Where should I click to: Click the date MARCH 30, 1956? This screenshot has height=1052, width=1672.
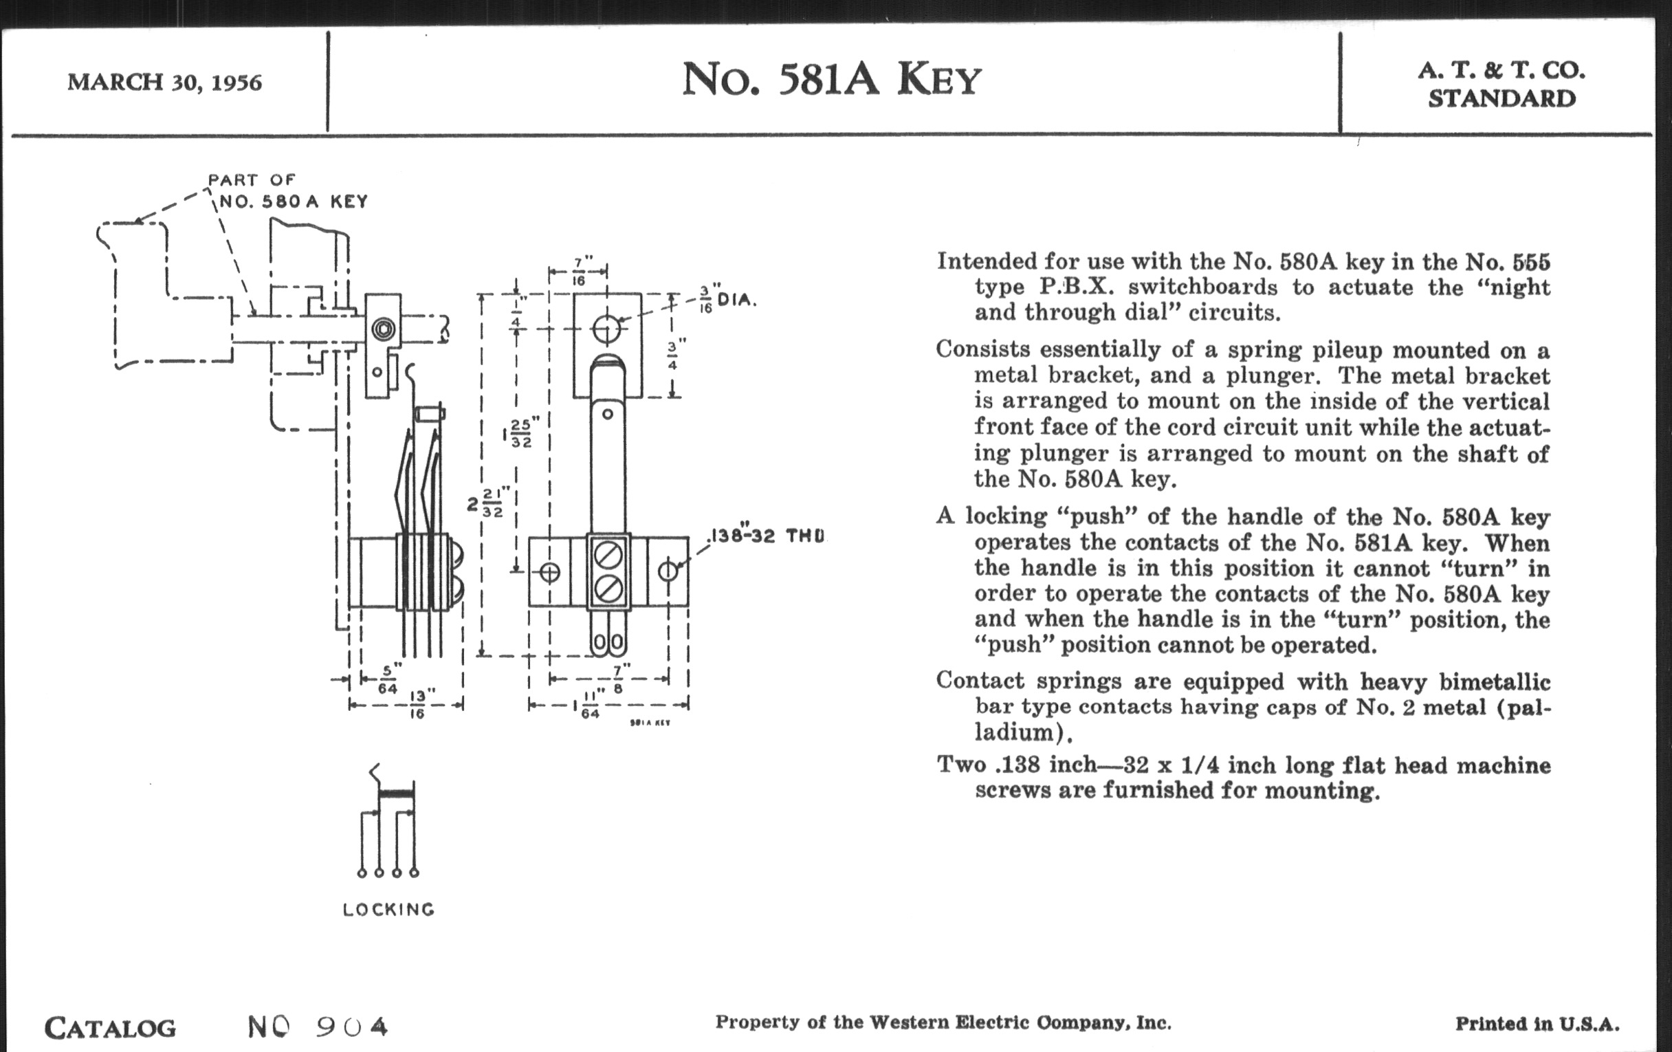pyautogui.click(x=164, y=83)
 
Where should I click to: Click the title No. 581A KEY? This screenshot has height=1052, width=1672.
pyautogui.click(x=831, y=80)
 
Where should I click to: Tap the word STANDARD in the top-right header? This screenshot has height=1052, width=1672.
pyautogui.click(x=1501, y=98)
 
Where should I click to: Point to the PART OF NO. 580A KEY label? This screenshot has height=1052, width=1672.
pyautogui.click(x=288, y=191)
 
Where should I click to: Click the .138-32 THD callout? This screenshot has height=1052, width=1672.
pyautogui.click(x=767, y=536)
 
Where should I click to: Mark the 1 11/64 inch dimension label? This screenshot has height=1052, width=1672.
pyautogui.click(x=586, y=706)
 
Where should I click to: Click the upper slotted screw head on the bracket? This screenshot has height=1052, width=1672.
pyautogui.click(x=608, y=556)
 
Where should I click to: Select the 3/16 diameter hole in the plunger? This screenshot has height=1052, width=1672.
pyautogui.click(x=607, y=329)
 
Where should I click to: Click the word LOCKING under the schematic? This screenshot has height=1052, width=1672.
pyautogui.click(x=389, y=910)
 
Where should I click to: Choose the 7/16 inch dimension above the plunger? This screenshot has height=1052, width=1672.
pyautogui.click(x=579, y=271)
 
